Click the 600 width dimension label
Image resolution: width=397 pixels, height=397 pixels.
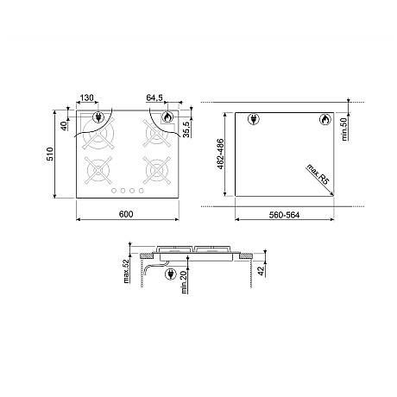pyautogui.click(x=126, y=214)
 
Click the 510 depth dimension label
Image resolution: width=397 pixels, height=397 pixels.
pyautogui.click(x=50, y=154)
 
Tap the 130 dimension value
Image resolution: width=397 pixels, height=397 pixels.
pyautogui.click(x=86, y=98)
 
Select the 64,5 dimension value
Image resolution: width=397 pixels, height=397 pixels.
pyautogui.click(x=154, y=98)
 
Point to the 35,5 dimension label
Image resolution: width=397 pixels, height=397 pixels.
pyautogui.click(x=186, y=129)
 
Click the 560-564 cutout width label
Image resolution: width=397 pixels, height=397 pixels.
pyautogui.click(x=284, y=215)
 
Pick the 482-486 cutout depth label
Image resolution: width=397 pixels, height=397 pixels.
pyautogui.click(x=220, y=154)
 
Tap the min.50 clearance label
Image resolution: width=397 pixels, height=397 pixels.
pyautogui.click(x=344, y=129)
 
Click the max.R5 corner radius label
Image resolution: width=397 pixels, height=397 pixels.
pyautogui.click(x=318, y=173)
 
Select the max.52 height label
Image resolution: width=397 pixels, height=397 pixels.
pyautogui.click(x=126, y=271)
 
